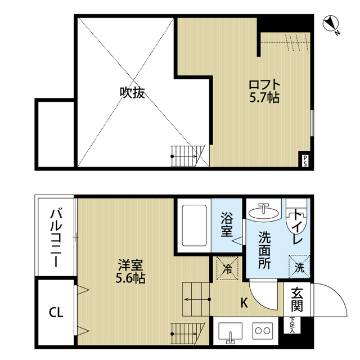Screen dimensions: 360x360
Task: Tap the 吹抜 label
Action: (132, 92)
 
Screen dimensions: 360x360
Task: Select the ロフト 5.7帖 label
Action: (264, 91)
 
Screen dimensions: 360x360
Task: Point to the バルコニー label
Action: (56, 238)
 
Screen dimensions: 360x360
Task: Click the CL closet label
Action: (55, 311)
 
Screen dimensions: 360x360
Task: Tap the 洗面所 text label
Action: (264, 249)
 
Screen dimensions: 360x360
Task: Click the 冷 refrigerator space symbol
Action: (227, 267)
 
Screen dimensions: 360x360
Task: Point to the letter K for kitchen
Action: (244, 303)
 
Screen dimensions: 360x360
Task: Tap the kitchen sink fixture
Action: (229, 332)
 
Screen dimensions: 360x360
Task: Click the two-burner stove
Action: (262, 331)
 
